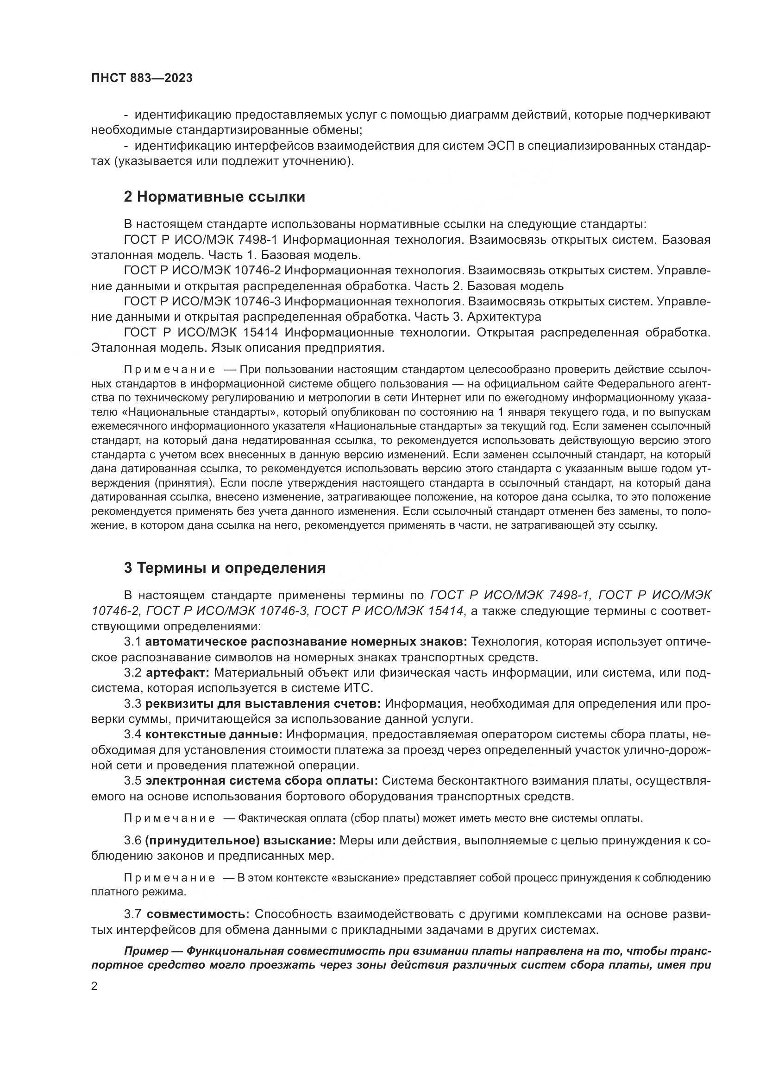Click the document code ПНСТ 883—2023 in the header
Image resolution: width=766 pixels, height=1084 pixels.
tap(142, 78)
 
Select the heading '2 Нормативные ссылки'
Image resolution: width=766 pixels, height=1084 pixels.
tap(214, 197)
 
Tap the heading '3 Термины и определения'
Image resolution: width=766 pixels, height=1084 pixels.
tap(225, 568)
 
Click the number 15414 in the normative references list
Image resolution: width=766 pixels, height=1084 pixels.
tap(260, 332)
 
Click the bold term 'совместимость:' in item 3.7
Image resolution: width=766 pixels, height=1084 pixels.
tap(198, 914)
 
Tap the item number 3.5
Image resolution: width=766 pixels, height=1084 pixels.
tap(132, 780)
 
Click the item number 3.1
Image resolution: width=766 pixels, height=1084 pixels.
tap(132, 641)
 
